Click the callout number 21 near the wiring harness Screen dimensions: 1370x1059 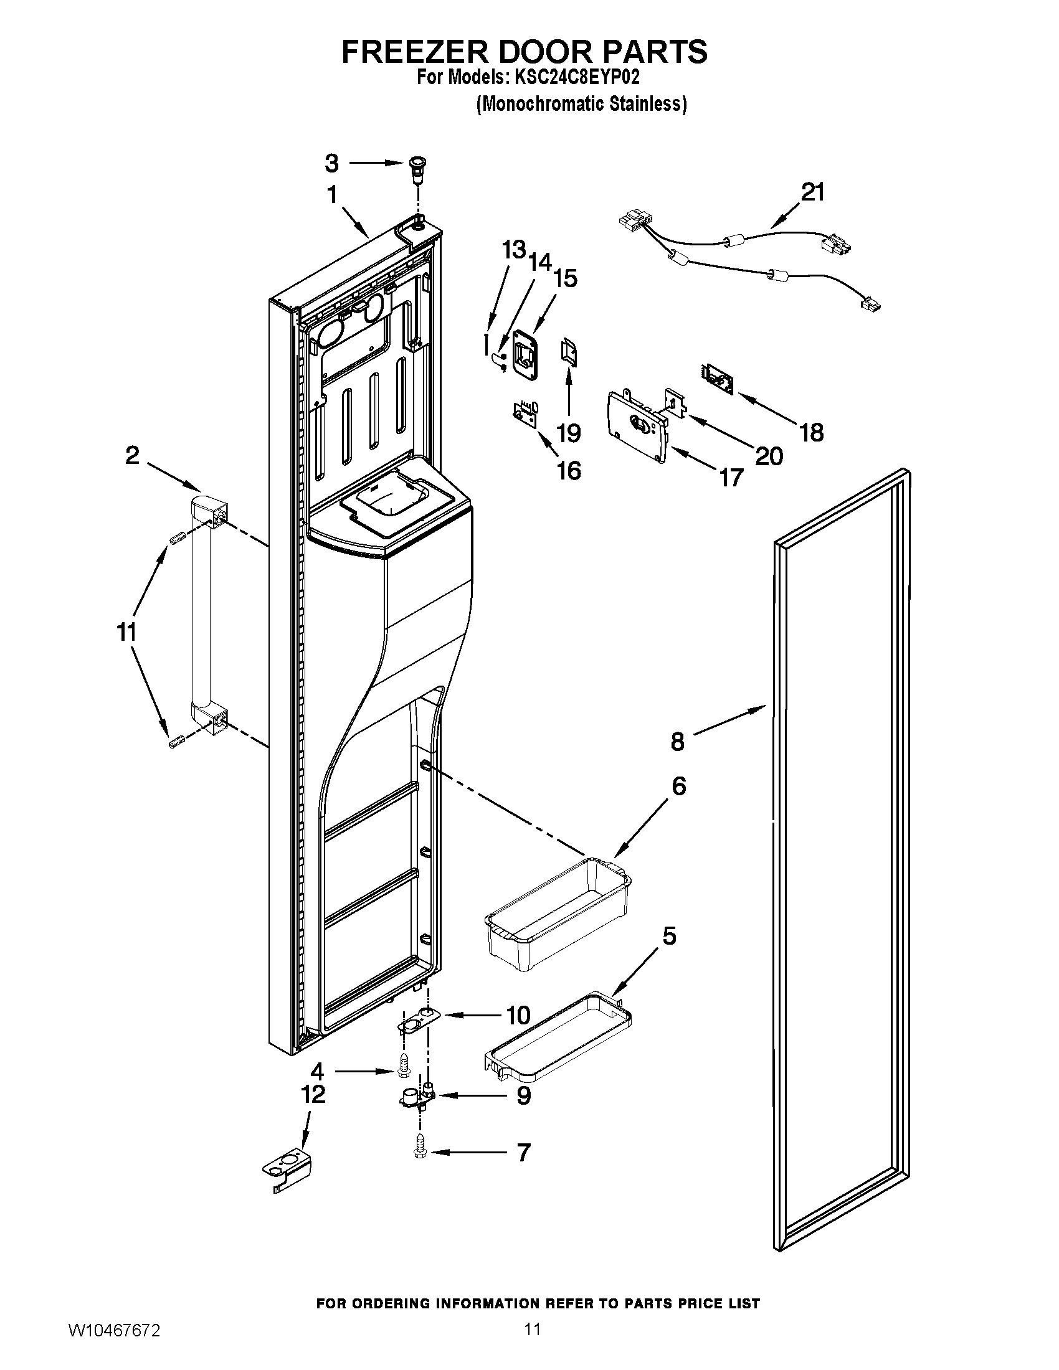pyautogui.click(x=813, y=192)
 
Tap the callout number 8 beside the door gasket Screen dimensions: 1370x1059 pyautogui.click(x=677, y=742)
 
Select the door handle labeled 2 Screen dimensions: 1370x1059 pyautogui.click(x=201, y=615)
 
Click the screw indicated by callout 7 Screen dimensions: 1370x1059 pyautogui.click(x=420, y=1151)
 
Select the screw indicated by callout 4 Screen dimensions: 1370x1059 pyautogui.click(x=405, y=1064)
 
